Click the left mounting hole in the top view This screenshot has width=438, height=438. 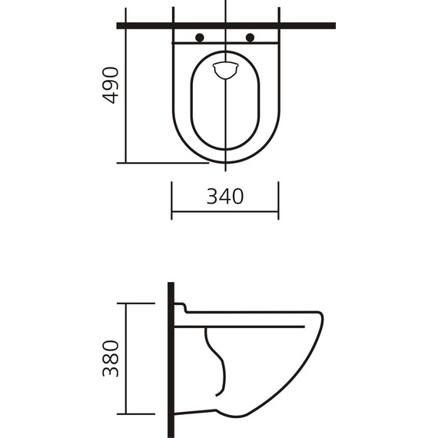click(x=200, y=37)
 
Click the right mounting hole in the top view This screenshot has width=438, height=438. click(x=249, y=37)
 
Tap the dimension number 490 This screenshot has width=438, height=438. click(x=112, y=85)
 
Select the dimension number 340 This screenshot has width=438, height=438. click(x=224, y=197)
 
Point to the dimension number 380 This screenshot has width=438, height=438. click(x=112, y=359)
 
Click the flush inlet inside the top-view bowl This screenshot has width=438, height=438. click(x=224, y=69)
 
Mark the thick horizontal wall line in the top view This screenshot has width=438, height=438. click(x=307, y=25)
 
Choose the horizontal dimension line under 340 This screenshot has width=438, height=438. click(x=224, y=211)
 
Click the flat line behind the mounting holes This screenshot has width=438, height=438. click(x=224, y=45)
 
